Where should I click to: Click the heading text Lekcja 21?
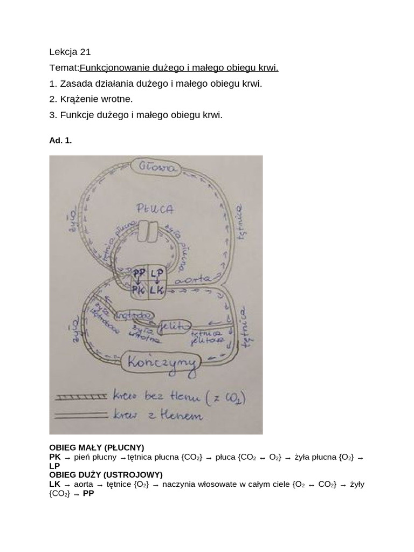coord(70,52)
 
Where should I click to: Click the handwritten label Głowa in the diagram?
coord(157,168)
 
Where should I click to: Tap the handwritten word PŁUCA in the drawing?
coord(155,208)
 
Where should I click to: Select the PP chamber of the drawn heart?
coord(140,274)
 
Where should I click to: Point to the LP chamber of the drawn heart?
coord(156,274)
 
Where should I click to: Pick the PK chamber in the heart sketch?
coord(140,290)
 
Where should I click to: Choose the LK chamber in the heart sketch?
coord(157,290)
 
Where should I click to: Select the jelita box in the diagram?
coord(174,326)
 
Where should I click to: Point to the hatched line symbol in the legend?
coord(81,397)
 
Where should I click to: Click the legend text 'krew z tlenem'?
coord(158,415)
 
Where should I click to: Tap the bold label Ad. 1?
coord(60,140)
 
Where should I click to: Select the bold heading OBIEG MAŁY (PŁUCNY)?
coord(96,448)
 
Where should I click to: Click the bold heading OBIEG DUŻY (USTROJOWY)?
coord(106,475)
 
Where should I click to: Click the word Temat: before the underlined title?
coord(64,68)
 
